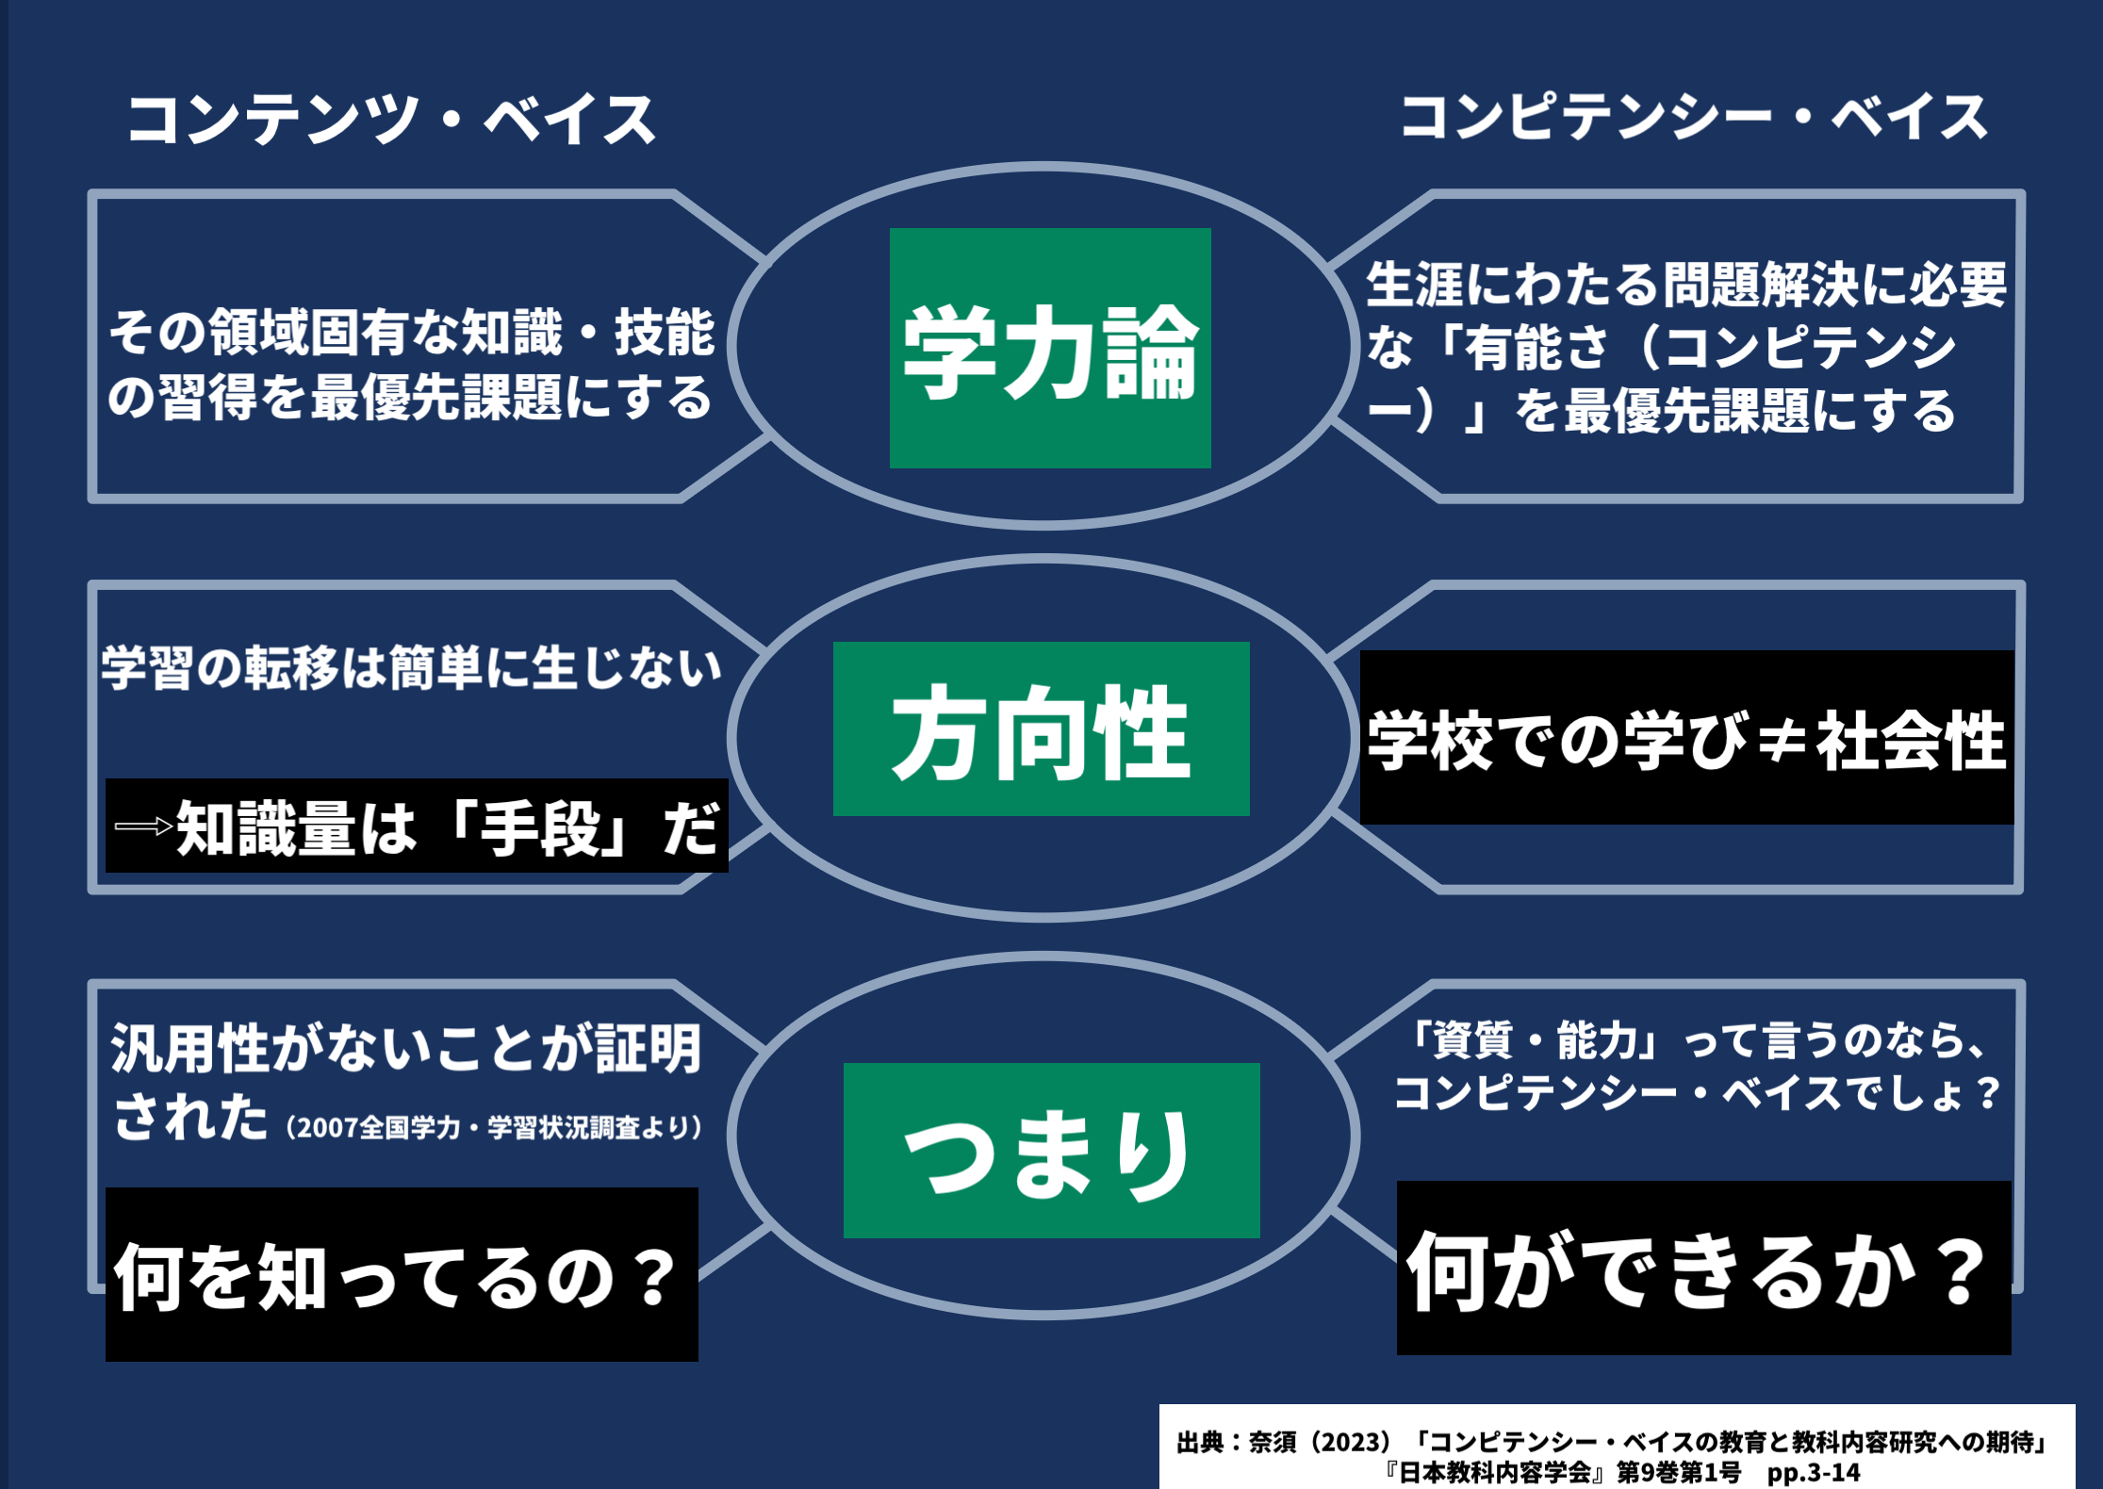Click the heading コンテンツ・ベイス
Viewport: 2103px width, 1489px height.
point(390,121)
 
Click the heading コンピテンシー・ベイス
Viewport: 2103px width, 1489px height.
point(1694,119)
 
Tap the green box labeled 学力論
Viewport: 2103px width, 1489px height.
point(1050,349)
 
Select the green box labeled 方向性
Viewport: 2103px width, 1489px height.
point(1041,728)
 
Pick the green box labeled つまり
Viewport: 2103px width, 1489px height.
point(1051,1150)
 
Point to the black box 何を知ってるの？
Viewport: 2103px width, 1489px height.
point(402,1274)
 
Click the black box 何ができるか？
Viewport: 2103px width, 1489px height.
point(1703,1268)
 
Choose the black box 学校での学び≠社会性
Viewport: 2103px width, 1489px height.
point(1686,738)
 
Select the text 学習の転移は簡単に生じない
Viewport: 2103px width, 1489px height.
point(411,668)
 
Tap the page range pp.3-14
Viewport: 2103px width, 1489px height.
point(1815,1473)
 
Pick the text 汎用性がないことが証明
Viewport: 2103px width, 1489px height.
point(406,1049)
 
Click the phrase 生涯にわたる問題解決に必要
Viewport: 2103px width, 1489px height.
point(1686,285)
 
